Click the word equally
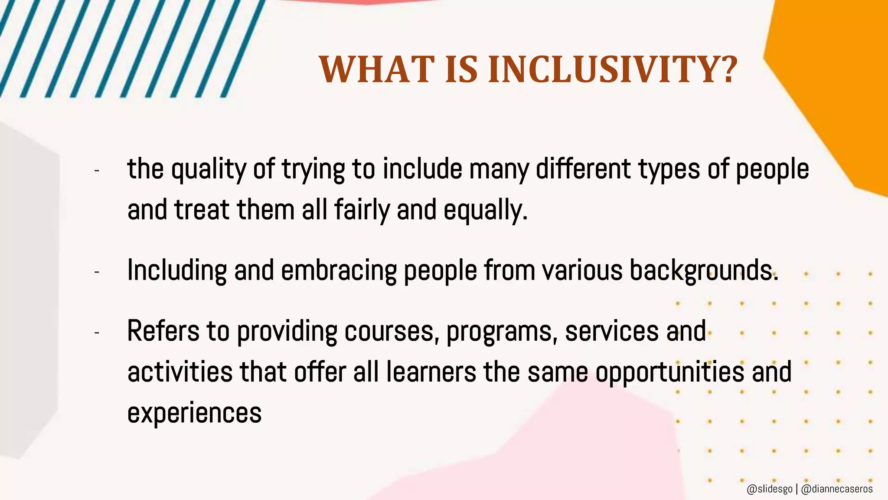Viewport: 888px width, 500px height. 485,210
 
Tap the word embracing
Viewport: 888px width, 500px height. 339,271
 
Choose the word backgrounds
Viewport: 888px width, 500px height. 703,271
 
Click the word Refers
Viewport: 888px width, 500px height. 163,332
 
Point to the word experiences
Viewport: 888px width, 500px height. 194,413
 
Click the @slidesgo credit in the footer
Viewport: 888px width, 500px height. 770,489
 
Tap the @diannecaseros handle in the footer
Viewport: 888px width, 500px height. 837,489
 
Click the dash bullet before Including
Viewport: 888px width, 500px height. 97,272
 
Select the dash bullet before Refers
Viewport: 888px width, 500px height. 97,333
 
